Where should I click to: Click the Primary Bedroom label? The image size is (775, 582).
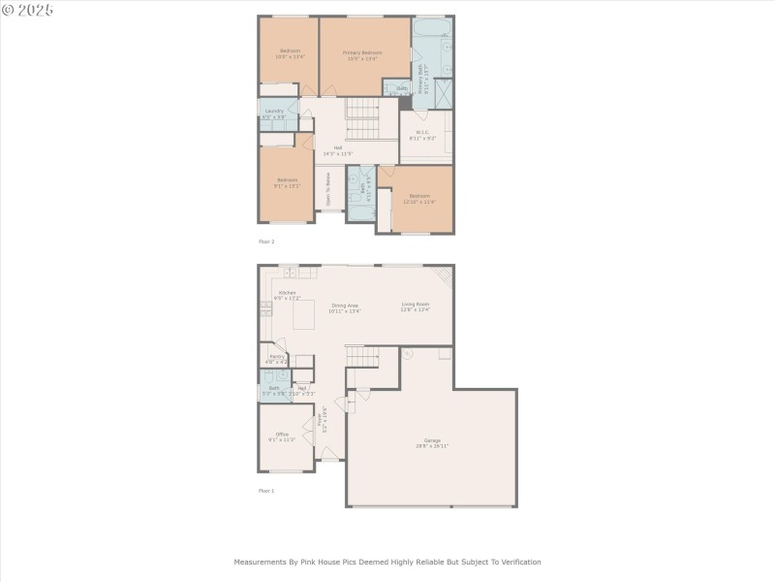pyautogui.click(x=364, y=52)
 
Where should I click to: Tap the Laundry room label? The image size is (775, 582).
pyautogui.click(x=274, y=111)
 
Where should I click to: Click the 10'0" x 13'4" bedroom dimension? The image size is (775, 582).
pyautogui.click(x=290, y=56)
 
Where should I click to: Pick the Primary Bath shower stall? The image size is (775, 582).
pyautogui.click(x=443, y=93)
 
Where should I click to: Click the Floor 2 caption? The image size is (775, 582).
pyautogui.click(x=266, y=241)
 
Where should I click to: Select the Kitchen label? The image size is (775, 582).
pyautogui.click(x=287, y=293)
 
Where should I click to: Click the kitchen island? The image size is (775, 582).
pyautogui.click(x=304, y=314)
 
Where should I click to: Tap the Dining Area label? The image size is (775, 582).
pyautogui.click(x=345, y=306)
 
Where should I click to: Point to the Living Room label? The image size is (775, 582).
pyautogui.click(x=416, y=305)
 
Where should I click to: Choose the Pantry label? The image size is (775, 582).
pyautogui.click(x=277, y=356)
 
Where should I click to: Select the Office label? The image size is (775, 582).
pyautogui.click(x=282, y=434)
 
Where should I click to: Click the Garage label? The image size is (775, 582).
pyautogui.click(x=432, y=440)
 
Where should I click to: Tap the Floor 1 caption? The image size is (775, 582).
pyautogui.click(x=266, y=491)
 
